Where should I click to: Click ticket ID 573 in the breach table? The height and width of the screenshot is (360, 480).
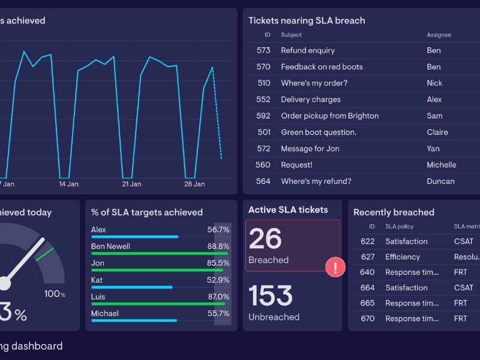263,50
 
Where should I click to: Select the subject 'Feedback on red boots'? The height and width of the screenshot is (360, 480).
322,67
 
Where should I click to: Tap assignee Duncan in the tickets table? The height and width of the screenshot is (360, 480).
440,181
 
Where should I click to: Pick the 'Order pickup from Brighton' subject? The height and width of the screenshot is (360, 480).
329,116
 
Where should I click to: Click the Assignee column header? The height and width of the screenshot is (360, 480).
439,35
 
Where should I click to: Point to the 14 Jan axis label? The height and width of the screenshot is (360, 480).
68,184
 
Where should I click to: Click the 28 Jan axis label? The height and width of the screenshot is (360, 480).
194,184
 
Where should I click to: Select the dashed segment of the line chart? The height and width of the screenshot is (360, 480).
217,114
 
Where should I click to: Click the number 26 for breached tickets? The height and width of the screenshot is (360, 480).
265,239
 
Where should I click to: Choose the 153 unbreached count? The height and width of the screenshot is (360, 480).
271,296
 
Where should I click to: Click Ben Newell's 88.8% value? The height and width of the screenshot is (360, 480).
218,246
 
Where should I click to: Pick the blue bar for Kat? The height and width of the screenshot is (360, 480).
131,287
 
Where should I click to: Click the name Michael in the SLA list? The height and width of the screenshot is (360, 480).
105,313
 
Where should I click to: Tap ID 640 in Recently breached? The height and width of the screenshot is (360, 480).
367,272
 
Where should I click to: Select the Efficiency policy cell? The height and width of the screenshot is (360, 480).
403,257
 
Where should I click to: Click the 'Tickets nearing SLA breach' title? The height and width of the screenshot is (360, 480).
307,20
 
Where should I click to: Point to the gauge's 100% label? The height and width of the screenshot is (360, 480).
55,294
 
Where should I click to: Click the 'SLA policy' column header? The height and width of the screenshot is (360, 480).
400,227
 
